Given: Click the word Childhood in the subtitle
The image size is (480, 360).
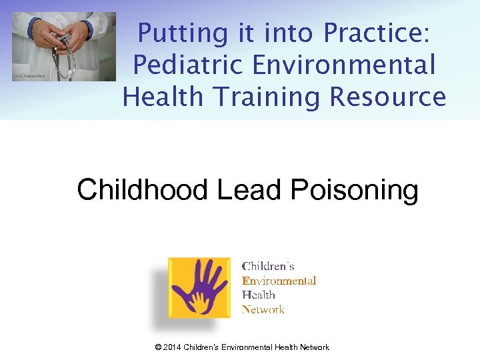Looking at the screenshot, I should coord(142,190).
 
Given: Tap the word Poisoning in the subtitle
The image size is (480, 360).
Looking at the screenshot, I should coord(355,190).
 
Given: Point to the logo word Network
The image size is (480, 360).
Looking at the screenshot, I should coord(263,309).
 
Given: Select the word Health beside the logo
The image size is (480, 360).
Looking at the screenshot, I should coord(258,295).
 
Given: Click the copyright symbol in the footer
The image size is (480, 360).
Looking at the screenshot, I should coord(157,347).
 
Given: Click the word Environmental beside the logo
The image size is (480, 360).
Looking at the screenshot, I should coord(279,281).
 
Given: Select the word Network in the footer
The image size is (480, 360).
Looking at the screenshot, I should coord(313,347).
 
